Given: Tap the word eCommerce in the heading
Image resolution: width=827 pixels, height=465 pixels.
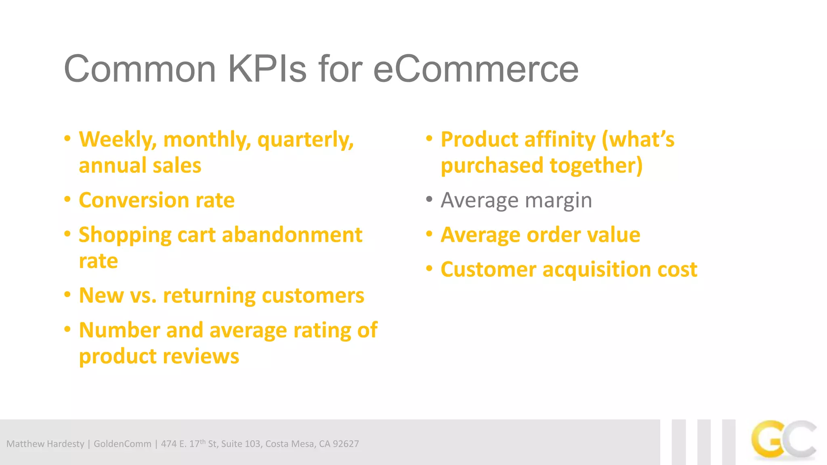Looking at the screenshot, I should coord(476,69).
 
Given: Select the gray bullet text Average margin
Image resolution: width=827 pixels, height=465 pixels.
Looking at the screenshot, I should coord(516,200).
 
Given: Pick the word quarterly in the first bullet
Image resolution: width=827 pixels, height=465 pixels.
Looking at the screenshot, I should coord(305,140).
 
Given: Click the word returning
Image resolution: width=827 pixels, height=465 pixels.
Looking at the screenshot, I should coord(209,295).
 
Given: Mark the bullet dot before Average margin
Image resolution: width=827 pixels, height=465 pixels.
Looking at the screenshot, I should coord(429,199).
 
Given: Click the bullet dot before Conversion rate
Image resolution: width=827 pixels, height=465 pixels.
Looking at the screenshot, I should coord(67,199).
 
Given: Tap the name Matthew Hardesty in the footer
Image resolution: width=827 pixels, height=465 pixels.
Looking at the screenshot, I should coord(45,444).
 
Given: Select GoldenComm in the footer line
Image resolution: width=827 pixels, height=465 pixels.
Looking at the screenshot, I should coord(122,444).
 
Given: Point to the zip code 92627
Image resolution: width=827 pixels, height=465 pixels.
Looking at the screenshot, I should coord(346,444).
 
